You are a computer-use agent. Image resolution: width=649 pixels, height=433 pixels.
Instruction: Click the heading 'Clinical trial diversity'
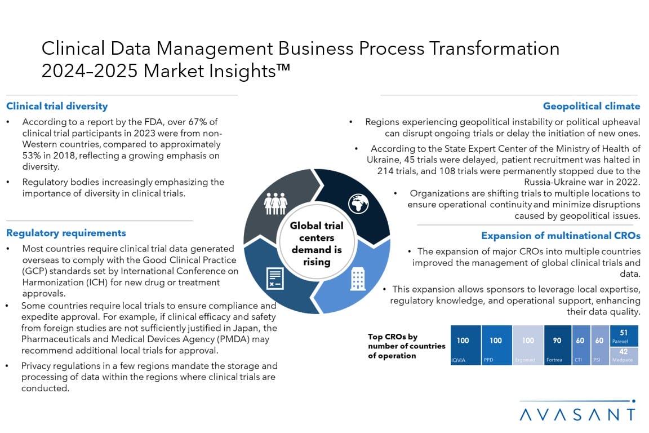(x=57, y=107)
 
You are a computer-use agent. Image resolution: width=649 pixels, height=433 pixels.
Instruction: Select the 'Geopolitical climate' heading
(x=592, y=107)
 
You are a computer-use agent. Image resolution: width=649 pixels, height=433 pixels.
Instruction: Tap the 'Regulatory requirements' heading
(x=66, y=233)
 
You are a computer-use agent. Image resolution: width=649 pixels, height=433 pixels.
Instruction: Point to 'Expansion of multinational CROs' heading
(x=561, y=236)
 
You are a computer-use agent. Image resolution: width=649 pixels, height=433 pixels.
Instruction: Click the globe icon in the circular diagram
(x=358, y=204)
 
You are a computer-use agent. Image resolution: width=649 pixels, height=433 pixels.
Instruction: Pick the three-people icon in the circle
(x=275, y=204)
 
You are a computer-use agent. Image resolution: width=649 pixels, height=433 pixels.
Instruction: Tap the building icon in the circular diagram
(x=358, y=279)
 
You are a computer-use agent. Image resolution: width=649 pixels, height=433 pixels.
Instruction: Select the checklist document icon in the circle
(x=275, y=279)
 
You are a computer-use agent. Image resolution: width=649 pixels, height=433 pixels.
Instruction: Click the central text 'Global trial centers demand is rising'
(x=317, y=244)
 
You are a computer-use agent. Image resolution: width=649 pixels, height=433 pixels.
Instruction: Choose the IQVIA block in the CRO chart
(x=466, y=345)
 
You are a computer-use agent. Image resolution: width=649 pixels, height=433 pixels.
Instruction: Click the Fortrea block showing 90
(x=558, y=345)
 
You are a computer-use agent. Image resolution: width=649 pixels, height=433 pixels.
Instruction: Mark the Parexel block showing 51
(x=624, y=336)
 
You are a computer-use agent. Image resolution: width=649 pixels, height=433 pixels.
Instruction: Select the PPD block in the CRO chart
(x=497, y=345)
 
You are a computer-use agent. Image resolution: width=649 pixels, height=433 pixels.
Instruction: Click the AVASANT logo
(x=577, y=411)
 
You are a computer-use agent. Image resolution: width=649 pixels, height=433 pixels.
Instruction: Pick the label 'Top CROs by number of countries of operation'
(x=406, y=346)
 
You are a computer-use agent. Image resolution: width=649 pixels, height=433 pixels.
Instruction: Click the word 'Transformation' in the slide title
(x=494, y=48)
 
